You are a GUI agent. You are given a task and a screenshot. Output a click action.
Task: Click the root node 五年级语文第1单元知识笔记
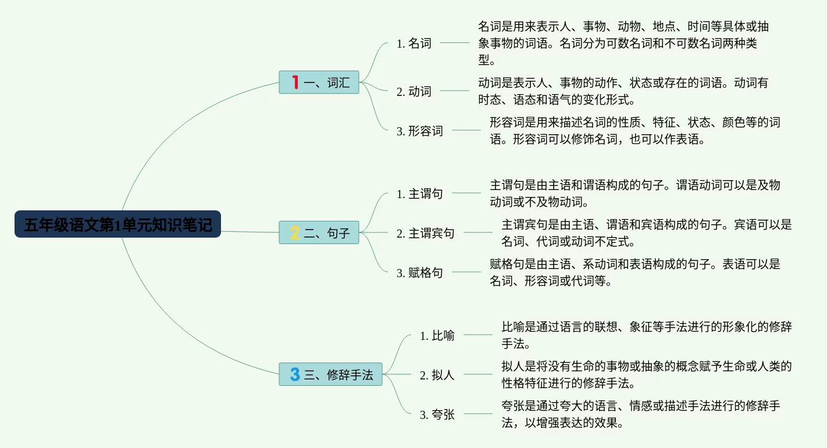click(x=117, y=224)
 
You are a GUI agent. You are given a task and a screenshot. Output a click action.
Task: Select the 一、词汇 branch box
click(x=319, y=83)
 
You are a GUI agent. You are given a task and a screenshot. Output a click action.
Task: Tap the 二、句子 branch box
click(x=319, y=232)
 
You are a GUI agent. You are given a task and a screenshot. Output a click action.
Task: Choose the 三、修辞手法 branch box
click(x=330, y=374)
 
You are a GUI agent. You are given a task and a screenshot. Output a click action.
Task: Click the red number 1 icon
click(x=295, y=83)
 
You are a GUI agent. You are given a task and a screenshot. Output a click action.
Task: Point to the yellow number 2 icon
click(x=295, y=233)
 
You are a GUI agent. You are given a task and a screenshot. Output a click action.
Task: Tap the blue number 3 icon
click(x=295, y=374)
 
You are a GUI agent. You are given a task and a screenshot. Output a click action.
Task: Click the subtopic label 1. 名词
click(x=414, y=44)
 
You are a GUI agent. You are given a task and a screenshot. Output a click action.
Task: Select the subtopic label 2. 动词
click(x=414, y=91)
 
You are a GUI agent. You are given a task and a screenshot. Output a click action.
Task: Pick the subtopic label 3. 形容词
click(x=420, y=131)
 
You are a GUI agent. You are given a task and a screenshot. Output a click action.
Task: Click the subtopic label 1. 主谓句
click(x=420, y=194)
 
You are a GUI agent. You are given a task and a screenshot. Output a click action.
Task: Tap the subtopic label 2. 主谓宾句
click(x=426, y=234)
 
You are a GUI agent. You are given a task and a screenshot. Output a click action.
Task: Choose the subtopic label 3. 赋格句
click(x=420, y=273)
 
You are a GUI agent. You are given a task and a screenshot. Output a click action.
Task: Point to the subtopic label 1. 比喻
click(x=437, y=336)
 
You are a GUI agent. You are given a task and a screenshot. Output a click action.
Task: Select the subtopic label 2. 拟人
click(x=437, y=375)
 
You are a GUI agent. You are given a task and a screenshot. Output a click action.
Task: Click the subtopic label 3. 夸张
click(x=437, y=415)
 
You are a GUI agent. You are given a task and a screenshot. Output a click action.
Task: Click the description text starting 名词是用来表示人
click(x=622, y=43)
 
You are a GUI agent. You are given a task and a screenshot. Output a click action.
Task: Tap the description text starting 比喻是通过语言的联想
click(x=646, y=335)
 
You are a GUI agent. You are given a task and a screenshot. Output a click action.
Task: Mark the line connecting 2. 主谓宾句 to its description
click(x=477, y=232)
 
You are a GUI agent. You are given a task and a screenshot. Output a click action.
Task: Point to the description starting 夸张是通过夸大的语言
click(x=640, y=414)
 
